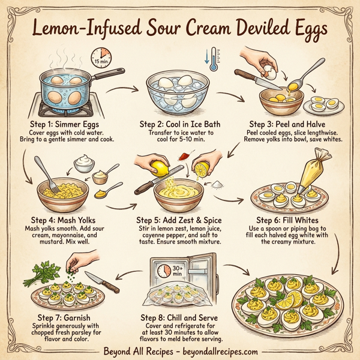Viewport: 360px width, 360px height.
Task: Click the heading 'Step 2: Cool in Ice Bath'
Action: tap(180, 124)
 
